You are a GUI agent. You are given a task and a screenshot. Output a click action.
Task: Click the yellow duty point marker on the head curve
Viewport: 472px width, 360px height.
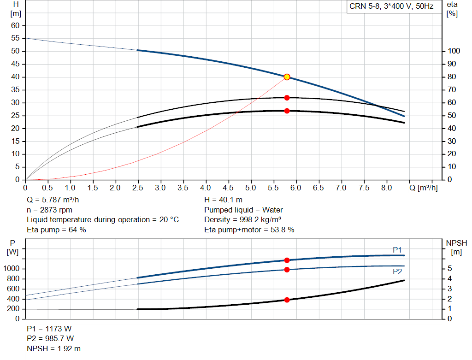287,77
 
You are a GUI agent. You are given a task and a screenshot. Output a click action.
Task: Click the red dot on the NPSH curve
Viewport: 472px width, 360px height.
287,300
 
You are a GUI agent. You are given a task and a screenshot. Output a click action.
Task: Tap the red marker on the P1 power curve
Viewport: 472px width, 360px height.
287,260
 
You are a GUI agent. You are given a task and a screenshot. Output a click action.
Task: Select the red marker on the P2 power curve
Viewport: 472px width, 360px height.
287,270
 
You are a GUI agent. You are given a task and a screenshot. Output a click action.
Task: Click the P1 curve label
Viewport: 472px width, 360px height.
397,250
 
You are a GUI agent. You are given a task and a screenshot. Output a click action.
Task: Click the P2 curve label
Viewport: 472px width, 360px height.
397,272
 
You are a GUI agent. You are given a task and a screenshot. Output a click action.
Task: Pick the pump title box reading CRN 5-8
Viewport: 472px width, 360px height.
391,7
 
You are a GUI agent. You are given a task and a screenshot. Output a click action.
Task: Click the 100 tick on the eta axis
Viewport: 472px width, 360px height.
454,51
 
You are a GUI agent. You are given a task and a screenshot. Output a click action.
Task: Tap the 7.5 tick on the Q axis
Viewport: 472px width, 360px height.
364,188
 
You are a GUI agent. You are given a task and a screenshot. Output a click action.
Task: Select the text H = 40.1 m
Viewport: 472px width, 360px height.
223,200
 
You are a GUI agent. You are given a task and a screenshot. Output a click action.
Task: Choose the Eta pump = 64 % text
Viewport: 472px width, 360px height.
56,230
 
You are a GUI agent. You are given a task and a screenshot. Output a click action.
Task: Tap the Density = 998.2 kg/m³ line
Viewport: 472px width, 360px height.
243,220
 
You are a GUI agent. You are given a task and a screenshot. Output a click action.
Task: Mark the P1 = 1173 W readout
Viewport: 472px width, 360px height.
49,329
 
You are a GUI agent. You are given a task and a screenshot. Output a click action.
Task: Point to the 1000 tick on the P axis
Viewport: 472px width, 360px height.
12,269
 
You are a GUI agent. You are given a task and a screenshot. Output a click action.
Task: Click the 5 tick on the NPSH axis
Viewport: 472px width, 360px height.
449,269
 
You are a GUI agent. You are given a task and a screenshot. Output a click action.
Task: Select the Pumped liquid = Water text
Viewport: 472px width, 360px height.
243,210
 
